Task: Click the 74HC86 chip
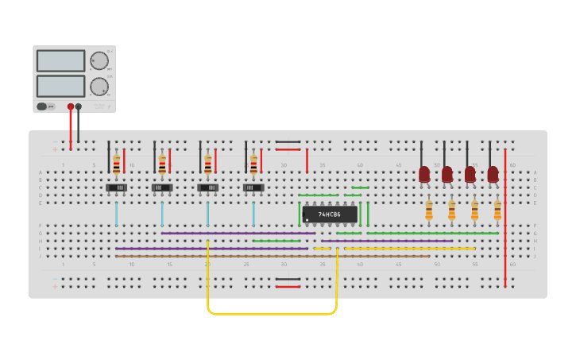point(329,215)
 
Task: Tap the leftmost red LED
point(424,173)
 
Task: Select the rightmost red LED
point(493,173)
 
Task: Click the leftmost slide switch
point(117,188)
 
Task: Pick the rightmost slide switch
point(253,188)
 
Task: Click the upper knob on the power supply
point(99,61)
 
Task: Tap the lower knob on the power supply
point(99,86)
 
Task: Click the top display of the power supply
point(60,61)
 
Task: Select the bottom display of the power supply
point(60,86)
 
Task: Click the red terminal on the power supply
point(71,106)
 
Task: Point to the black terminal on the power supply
point(78,106)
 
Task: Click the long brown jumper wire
point(270,256)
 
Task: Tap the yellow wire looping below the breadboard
point(270,314)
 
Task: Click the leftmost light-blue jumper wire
point(117,214)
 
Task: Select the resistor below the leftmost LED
point(429,210)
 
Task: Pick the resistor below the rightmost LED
point(497,210)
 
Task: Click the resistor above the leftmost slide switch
point(117,164)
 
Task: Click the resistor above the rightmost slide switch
point(253,164)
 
